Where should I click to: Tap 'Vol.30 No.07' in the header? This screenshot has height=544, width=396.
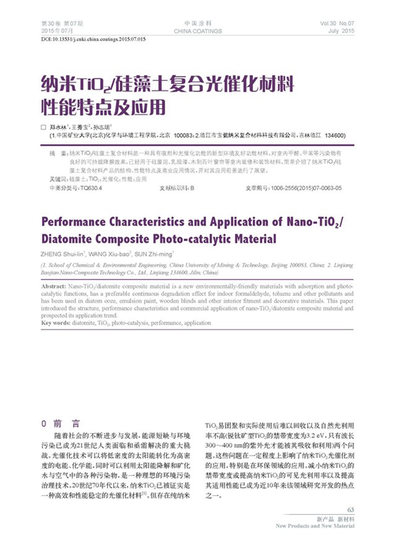[337, 23]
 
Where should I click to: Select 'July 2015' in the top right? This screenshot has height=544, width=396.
[342, 30]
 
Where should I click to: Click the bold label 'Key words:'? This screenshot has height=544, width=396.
[57, 323]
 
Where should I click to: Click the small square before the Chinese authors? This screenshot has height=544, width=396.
[43, 126]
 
